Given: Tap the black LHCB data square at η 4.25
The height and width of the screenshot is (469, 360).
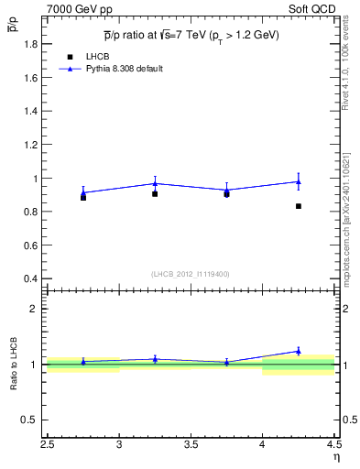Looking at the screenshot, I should [299, 206].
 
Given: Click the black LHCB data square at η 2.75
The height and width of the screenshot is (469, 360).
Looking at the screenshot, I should [83, 197].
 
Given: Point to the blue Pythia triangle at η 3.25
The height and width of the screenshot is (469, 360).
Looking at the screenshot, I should [155, 183].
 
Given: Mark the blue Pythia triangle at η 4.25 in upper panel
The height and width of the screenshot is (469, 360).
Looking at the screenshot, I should [299, 181].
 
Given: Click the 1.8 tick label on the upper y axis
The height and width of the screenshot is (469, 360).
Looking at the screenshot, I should [30, 44].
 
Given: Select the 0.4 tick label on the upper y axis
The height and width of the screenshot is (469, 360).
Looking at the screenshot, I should [30, 278].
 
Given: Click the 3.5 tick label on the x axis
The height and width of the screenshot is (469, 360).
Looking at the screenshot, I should [191, 447].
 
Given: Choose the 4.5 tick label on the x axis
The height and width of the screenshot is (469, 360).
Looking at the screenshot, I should [333, 447].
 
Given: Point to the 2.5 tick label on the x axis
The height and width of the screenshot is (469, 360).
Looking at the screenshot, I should [48, 447].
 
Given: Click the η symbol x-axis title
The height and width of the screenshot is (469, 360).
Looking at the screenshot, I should [335, 458].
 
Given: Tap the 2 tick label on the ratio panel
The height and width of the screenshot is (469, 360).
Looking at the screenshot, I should [36, 309].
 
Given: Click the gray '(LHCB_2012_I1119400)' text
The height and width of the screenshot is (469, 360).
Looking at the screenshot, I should [191, 274].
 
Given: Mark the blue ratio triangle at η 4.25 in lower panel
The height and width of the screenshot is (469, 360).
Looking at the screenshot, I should [299, 351].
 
